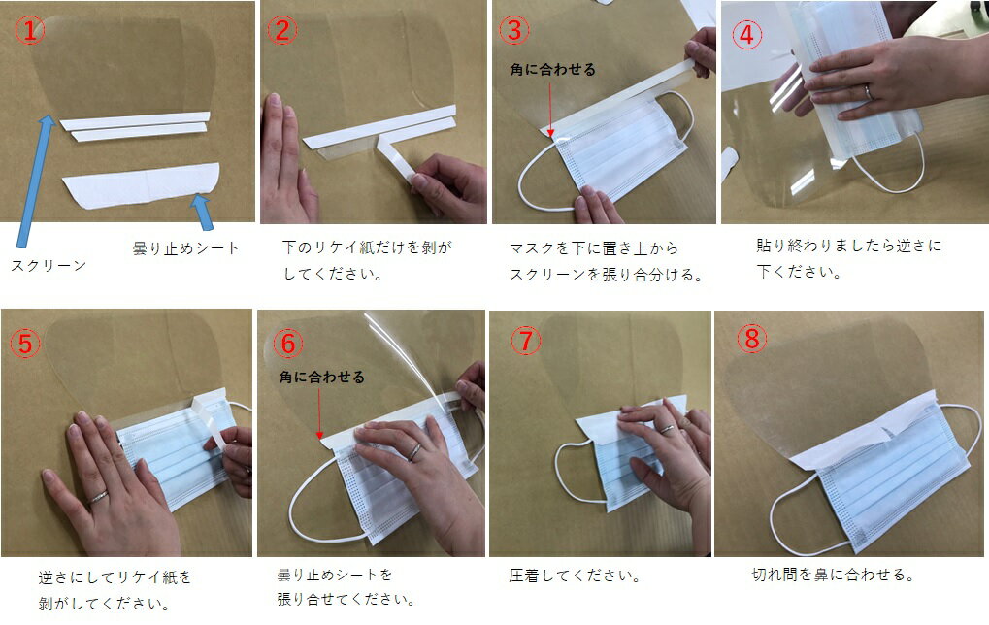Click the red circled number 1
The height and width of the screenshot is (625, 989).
(x=30, y=30)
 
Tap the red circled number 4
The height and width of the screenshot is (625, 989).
(x=746, y=34)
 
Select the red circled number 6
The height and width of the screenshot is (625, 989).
(x=287, y=344)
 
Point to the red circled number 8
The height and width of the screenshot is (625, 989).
(x=752, y=339)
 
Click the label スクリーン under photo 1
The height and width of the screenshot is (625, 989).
(x=49, y=266)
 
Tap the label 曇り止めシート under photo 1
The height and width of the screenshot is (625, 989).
(x=185, y=247)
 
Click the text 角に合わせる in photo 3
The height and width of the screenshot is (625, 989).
(x=552, y=69)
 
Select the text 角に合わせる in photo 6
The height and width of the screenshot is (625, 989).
(x=321, y=378)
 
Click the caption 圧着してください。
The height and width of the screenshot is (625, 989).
(x=575, y=576)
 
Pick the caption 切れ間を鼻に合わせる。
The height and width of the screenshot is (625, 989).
(x=833, y=575)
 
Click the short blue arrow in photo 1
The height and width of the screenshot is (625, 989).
(x=203, y=212)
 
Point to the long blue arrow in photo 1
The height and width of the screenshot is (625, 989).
(x=36, y=181)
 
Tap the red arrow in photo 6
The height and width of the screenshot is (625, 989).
(x=319, y=413)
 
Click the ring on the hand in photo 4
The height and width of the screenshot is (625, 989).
(x=869, y=92)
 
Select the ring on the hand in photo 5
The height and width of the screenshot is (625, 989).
(x=98, y=498)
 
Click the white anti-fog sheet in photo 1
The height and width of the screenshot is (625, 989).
(x=141, y=185)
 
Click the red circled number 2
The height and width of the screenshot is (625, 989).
(x=281, y=30)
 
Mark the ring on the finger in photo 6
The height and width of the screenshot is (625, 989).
(x=414, y=451)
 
